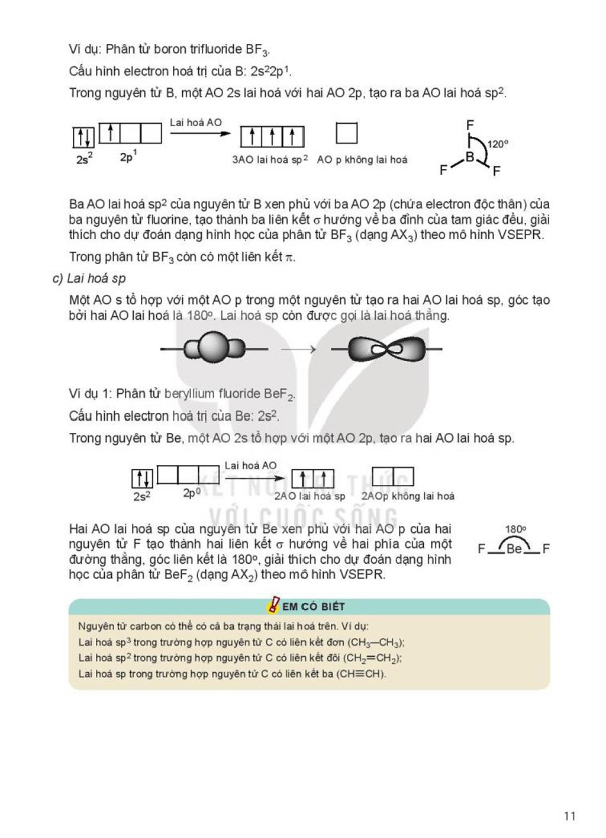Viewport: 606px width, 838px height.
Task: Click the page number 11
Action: [x=570, y=815]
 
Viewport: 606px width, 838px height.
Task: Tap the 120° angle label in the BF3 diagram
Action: [x=498, y=144]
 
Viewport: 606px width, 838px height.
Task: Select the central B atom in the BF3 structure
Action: [x=469, y=157]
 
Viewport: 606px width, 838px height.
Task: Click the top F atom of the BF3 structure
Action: [x=470, y=124]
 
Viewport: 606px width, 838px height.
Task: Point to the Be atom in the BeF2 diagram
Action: [x=514, y=549]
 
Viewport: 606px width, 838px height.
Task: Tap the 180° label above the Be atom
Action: [x=515, y=529]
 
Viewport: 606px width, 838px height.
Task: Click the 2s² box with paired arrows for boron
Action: [x=83, y=137]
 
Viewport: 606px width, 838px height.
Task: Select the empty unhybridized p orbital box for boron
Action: [x=347, y=133]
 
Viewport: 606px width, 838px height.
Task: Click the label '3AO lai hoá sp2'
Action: [x=270, y=160]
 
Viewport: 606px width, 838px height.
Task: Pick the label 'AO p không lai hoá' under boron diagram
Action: [x=362, y=160]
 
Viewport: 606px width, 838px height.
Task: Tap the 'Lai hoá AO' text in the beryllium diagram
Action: [x=250, y=465]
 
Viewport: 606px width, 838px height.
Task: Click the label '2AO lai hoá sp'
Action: [x=310, y=496]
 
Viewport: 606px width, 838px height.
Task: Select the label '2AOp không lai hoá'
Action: [x=408, y=496]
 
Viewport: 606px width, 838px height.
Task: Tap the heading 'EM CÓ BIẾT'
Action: [x=313, y=606]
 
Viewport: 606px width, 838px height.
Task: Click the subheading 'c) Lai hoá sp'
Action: [x=89, y=279]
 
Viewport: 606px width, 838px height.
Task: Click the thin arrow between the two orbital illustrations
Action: [x=298, y=349]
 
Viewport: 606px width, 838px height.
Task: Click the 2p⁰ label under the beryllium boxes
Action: [x=192, y=493]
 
